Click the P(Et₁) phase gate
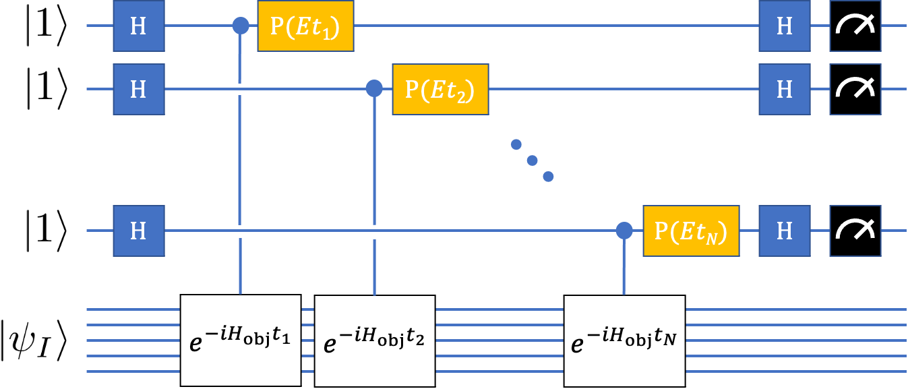(305, 26)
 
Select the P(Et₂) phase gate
(440, 88)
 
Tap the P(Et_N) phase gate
(691, 231)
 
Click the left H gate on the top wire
(138, 26)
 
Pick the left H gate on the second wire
(138, 88)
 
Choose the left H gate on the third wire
(138, 231)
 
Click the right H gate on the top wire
(785, 26)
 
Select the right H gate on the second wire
(785, 88)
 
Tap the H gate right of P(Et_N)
(785, 231)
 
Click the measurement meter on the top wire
(855, 26)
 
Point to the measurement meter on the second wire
(855, 88)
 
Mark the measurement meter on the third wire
(855, 231)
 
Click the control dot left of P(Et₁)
(241, 26)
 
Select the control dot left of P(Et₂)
(374, 88)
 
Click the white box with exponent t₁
(240, 340)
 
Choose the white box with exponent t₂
(375, 340)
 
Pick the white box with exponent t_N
(624, 340)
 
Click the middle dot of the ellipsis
(532, 160)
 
